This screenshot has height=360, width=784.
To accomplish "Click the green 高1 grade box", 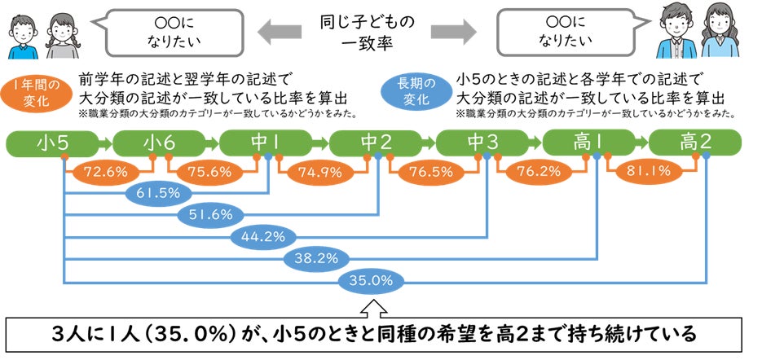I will coord(588,143).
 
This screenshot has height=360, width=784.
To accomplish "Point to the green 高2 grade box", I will coord(696,143).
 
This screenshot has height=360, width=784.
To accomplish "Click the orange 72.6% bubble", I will coord(101,172).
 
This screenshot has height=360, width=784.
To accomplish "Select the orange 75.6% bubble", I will coord(210,172).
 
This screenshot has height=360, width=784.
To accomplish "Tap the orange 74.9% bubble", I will coord(319,172).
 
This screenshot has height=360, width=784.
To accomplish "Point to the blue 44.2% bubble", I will coord(265,237).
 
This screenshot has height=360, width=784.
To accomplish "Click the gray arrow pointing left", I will coord(281,31).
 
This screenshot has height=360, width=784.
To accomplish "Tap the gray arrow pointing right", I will coord(453,31).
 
